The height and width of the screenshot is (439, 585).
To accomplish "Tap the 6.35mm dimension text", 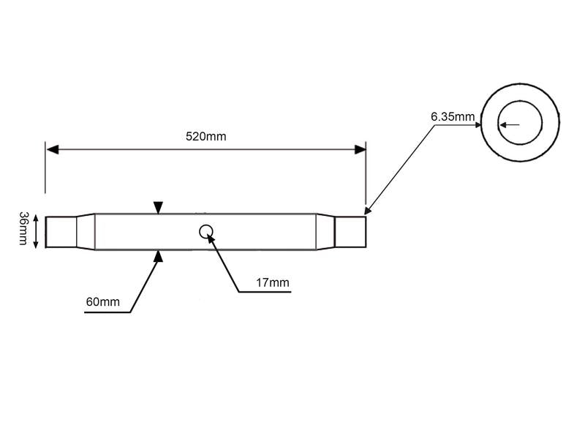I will (453, 116).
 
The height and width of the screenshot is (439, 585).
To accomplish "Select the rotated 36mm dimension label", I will (23, 229).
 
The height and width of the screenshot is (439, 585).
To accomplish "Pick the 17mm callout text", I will (273, 282).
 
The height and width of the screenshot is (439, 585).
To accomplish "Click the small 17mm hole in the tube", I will (206, 231).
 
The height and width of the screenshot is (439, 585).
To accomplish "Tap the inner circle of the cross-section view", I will (520, 124).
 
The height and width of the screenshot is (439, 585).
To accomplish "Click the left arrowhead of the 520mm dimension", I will (52, 149).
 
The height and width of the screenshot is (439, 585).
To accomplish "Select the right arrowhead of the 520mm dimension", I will (360, 149).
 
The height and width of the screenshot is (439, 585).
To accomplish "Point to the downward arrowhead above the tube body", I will (158, 209).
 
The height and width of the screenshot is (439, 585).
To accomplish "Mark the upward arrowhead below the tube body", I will (158, 255).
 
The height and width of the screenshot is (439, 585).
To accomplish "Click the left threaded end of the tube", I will (61, 231).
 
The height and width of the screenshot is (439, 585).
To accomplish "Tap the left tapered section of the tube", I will (86, 231).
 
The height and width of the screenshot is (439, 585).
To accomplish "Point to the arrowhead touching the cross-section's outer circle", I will (477, 125).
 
